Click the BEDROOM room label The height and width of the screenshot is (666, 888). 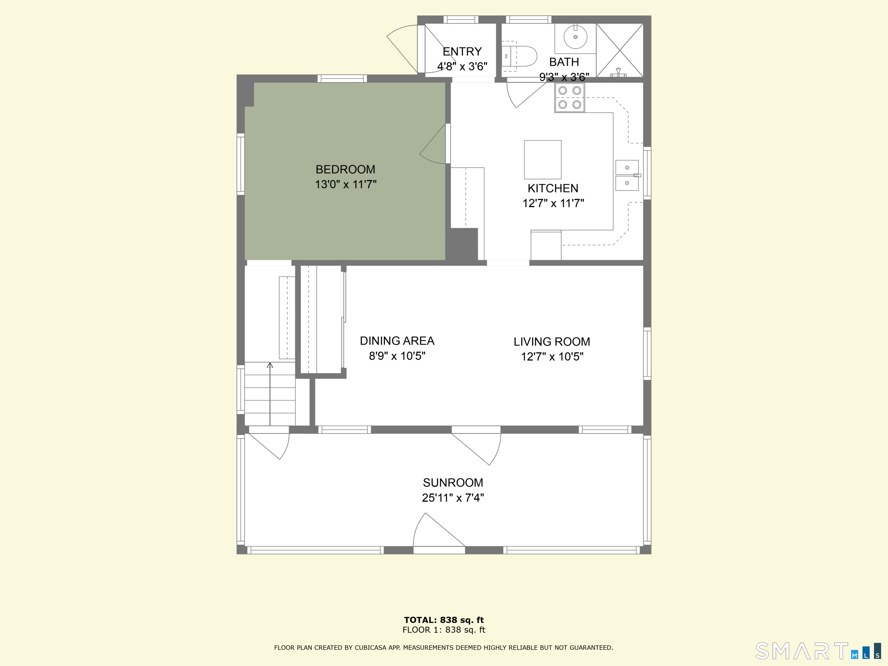coord(345,169)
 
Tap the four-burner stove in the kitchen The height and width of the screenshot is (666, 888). coord(570,97)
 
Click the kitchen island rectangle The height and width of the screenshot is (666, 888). coord(542,159)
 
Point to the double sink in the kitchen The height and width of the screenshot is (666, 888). coord(627,175)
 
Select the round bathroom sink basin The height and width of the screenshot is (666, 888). coord(575,37)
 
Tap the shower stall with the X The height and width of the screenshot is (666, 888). coord(619,50)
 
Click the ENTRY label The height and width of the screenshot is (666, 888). coord(462,51)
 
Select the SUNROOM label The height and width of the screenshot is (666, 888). coord(453,482)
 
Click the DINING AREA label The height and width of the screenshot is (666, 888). coord(397,341)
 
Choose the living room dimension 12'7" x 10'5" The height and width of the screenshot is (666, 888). coord(552,356)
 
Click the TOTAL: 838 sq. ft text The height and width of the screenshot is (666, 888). coord(444,620)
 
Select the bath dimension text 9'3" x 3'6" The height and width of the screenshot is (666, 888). coord(564,77)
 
